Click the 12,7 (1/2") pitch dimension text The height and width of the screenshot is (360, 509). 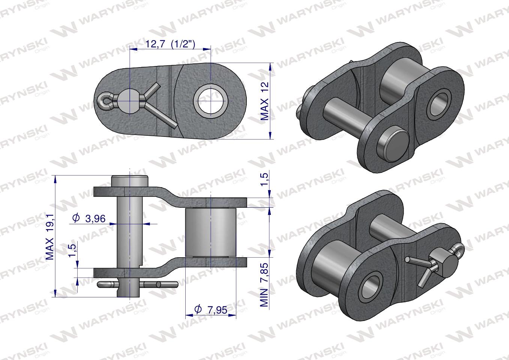click(x=170, y=44)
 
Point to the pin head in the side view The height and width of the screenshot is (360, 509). click(x=129, y=181)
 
